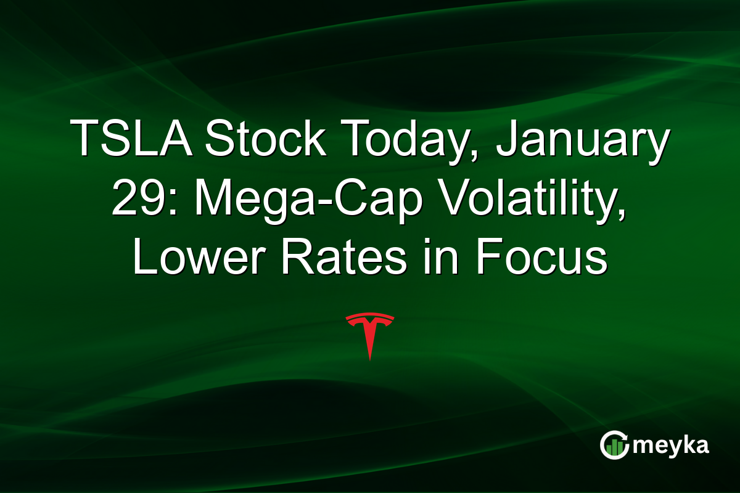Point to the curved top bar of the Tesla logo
pos(369,317)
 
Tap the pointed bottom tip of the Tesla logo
pos(369,358)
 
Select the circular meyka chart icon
pos(614,446)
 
